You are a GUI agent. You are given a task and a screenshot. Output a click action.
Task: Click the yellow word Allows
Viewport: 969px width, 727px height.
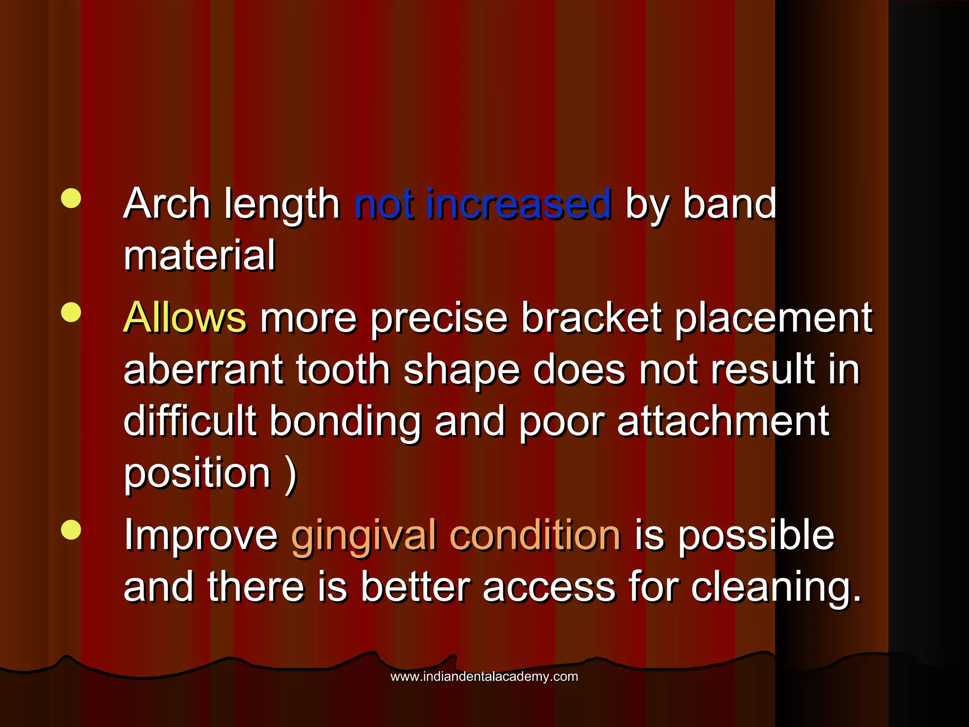pos(185,317)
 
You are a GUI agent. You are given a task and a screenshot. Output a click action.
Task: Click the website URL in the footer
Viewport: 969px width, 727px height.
pos(484,676)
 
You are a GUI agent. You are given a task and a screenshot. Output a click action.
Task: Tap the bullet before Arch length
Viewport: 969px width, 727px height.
pos(71,198)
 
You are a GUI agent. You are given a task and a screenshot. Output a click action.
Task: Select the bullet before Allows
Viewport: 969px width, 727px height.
pos(71,312)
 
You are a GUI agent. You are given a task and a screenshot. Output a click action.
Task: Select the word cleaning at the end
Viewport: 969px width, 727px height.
pos(776,588)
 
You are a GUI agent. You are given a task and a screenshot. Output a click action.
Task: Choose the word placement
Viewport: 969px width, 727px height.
pos(774,318)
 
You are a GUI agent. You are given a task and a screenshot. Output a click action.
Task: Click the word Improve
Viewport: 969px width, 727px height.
pos(201,536)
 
